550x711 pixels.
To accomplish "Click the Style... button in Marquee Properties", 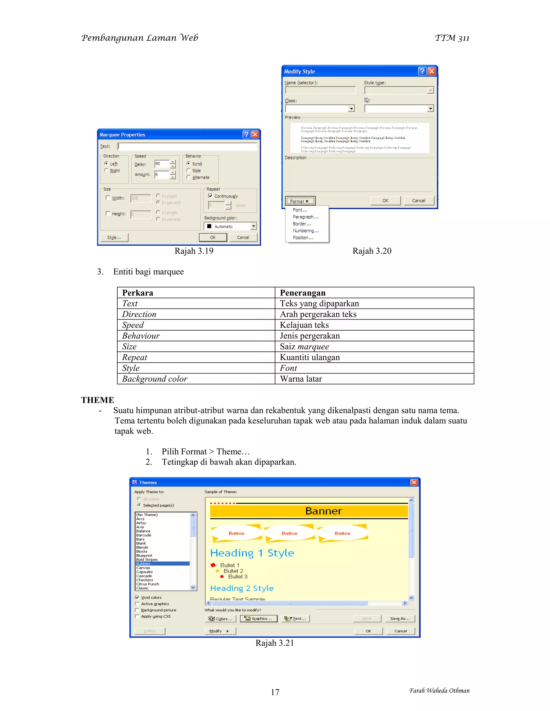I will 114,237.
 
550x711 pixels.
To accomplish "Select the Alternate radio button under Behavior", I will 189,177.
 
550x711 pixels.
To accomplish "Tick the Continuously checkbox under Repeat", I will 211,196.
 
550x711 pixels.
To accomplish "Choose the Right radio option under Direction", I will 107,170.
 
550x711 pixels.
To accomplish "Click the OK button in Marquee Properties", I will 213,237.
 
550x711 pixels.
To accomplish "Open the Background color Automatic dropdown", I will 253,226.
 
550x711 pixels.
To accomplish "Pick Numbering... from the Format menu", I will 306,231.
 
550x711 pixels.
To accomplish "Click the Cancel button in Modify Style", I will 418,200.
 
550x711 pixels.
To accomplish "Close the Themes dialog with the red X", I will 414,482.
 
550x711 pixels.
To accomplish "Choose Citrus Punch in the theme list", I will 148,584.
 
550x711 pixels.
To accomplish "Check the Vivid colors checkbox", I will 137,598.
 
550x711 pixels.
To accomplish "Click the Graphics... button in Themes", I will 258,618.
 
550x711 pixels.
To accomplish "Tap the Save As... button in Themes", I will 400,618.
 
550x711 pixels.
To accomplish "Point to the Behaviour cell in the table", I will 141,336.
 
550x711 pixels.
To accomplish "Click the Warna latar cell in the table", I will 301,379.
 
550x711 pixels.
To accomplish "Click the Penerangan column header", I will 303,293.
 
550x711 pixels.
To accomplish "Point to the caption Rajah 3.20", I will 372,251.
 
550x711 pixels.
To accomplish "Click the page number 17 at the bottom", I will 275,692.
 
